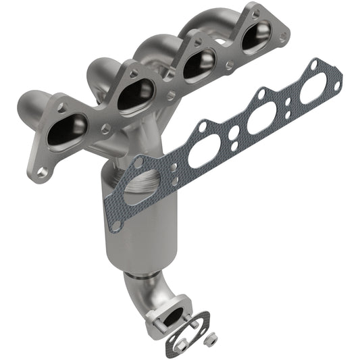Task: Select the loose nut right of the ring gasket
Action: [x=211, y=336]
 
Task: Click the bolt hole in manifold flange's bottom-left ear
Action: [x=42, y=172]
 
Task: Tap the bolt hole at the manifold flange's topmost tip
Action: [x=255, y=10]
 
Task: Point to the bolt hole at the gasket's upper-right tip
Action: [x=315, y=65]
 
